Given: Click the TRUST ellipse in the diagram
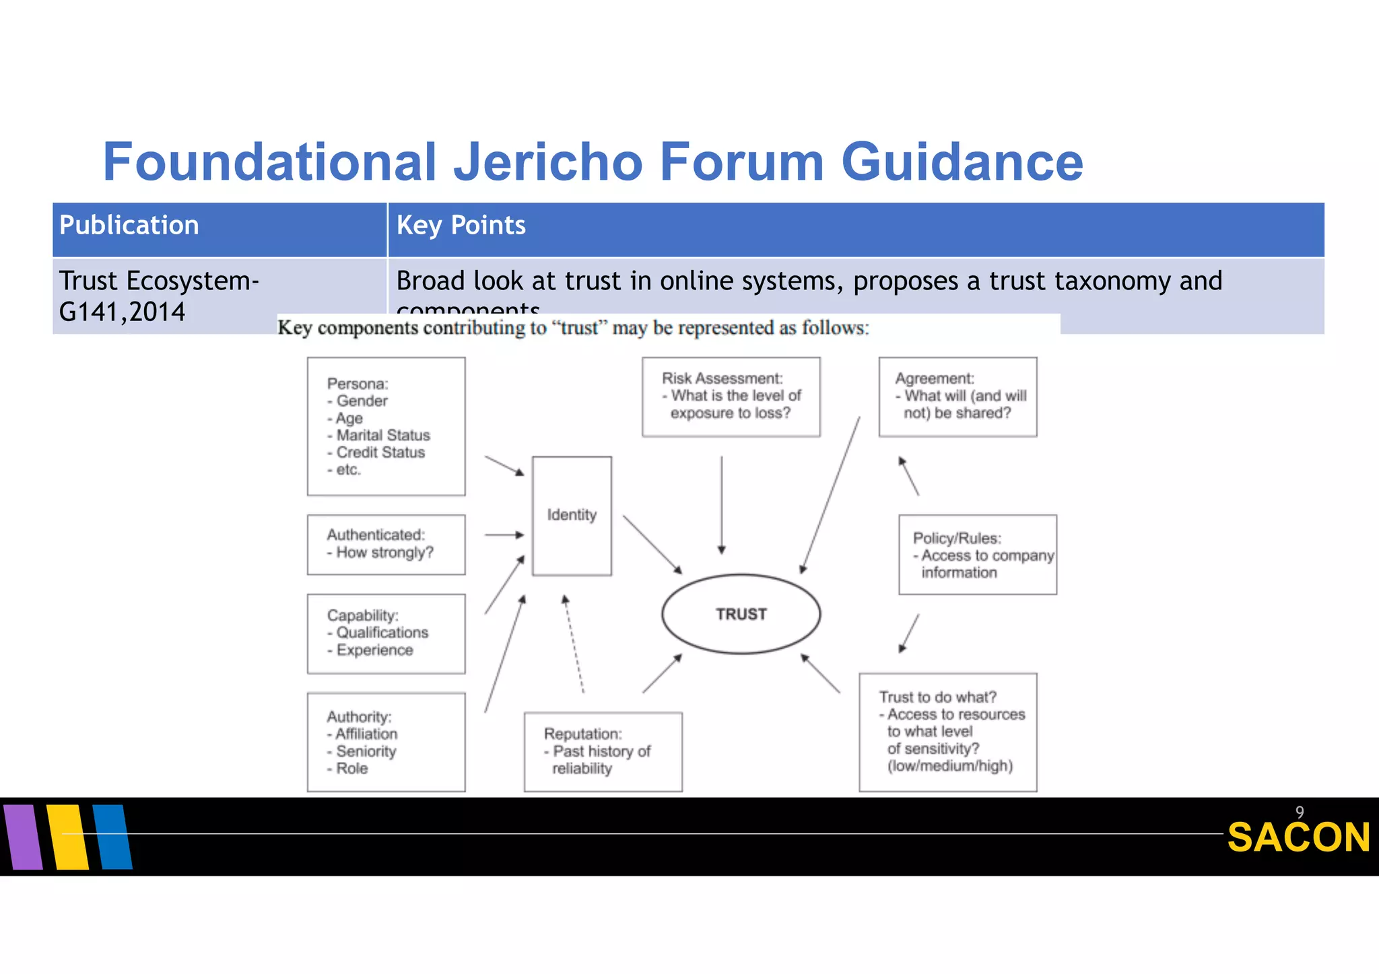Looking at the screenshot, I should click(741, 614).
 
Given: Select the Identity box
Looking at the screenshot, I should click(572, 516).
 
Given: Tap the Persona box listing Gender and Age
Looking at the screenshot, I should click(386, 427).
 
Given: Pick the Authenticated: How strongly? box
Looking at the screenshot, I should click(386, 545).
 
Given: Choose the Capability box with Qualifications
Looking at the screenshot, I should click(386, 633).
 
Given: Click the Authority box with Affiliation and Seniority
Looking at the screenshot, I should click(386, 742).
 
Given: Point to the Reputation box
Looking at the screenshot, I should click(603, 752).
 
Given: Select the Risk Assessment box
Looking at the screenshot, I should click(731, 396).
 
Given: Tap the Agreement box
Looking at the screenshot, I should click(957, 396).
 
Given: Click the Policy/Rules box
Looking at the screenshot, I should click(977, 555).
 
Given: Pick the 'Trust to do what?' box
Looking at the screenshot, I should click(947, 732).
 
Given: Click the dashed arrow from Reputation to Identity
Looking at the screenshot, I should click(574, 643).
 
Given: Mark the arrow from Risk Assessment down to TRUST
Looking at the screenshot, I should click(721, 505).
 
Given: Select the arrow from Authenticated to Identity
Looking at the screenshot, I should click(504, 535).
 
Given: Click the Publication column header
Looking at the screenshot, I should click(129, 225).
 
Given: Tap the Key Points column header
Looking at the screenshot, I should click(461, 225).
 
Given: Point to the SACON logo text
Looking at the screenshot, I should click(1298, 838).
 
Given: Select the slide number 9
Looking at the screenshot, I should click(1300, 812).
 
